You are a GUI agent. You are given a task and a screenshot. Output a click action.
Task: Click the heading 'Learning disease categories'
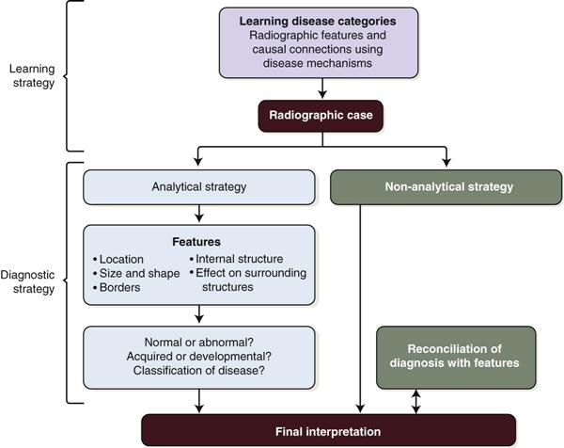[322, 21]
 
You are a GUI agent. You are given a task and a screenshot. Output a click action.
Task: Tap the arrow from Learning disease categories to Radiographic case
[322, 88]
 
